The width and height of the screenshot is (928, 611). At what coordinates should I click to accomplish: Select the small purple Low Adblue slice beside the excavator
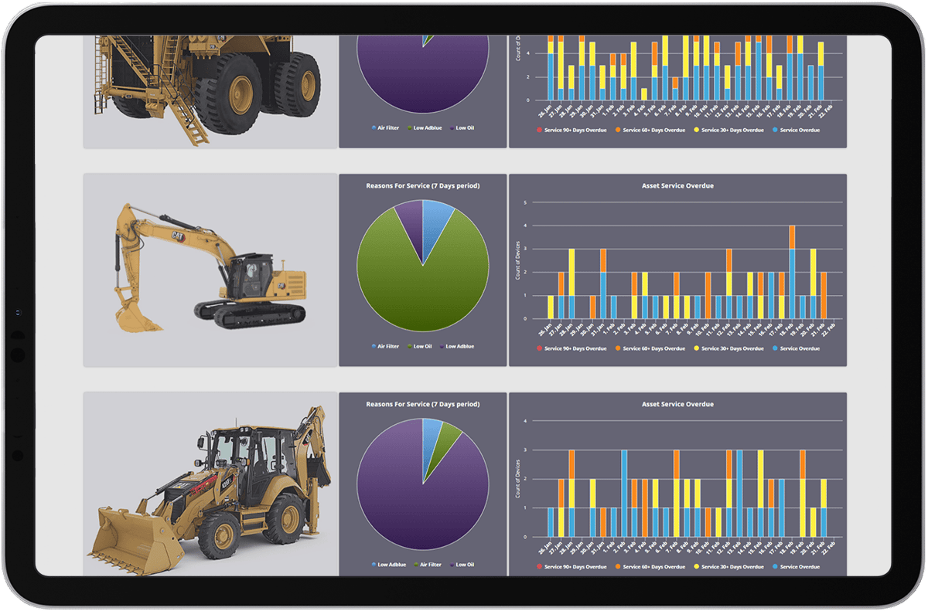click(409, 224)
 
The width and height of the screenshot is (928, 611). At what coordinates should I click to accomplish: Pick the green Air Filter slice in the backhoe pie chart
click(448, 440)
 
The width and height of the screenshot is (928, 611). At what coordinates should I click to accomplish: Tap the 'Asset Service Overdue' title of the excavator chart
click(677, 185)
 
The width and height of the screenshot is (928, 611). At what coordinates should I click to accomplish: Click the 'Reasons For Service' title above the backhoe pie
click(422, 404)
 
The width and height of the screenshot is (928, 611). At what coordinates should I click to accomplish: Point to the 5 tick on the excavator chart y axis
click(526, 203)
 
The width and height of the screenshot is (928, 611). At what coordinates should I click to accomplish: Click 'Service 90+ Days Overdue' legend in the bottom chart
click(571, 567)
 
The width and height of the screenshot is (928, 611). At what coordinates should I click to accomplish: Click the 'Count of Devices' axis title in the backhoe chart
click(517, 479)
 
